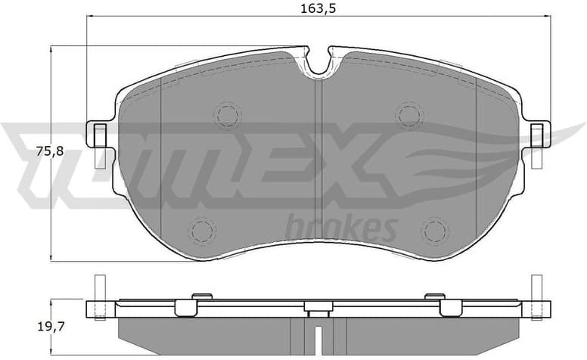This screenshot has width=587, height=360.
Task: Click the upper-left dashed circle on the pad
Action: coord(227,115)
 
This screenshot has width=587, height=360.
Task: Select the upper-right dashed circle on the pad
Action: coord(409,115)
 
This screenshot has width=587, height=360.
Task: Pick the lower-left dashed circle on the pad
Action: coord(201,230)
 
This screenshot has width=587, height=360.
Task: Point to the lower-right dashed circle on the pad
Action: coord(435,230)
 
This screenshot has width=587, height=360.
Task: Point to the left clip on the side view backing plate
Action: coord(187,306)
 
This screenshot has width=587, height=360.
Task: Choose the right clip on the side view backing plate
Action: coord(450,306)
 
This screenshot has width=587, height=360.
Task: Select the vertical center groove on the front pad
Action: coord(318,151)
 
